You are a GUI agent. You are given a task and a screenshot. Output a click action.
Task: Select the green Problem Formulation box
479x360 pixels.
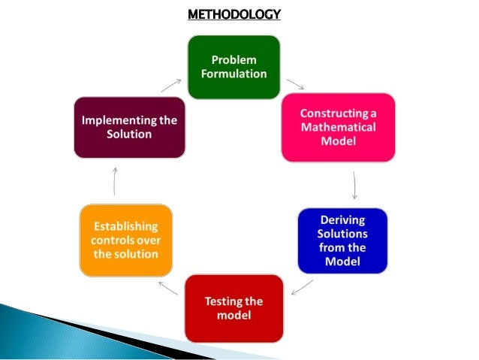pyautogui.click(x=232, y=67)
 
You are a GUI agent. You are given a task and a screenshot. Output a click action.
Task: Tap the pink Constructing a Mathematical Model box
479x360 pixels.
pyautogui.click(x=338, y=127)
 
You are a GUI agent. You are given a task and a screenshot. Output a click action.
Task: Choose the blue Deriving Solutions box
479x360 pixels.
pyautogui.click(x=342, y=240)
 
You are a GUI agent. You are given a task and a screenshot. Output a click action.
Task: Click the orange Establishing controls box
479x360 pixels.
pyautogui.click(x=125, y=240)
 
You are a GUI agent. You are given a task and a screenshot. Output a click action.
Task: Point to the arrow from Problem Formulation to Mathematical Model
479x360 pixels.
pyautogui.click(x=295, y=84)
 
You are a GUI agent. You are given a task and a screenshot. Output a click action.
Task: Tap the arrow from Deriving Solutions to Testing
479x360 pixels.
pyautogui.click(x=302, y=287)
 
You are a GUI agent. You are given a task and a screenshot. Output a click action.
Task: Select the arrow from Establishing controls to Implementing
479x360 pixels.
pyautogui.click(x=115, y=181)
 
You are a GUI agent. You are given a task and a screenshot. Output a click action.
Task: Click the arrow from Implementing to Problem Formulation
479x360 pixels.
pyautogui.click(x=170, y=86)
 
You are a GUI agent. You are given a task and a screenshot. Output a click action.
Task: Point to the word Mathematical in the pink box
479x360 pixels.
pyautogui.click(x=338, y=127)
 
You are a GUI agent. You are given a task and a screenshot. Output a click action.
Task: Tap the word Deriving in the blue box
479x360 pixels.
pyautogui.click(x=342, y=220)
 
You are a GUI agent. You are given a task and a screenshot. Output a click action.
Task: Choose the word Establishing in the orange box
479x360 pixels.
pyautogui.click(x=126, y=226)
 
